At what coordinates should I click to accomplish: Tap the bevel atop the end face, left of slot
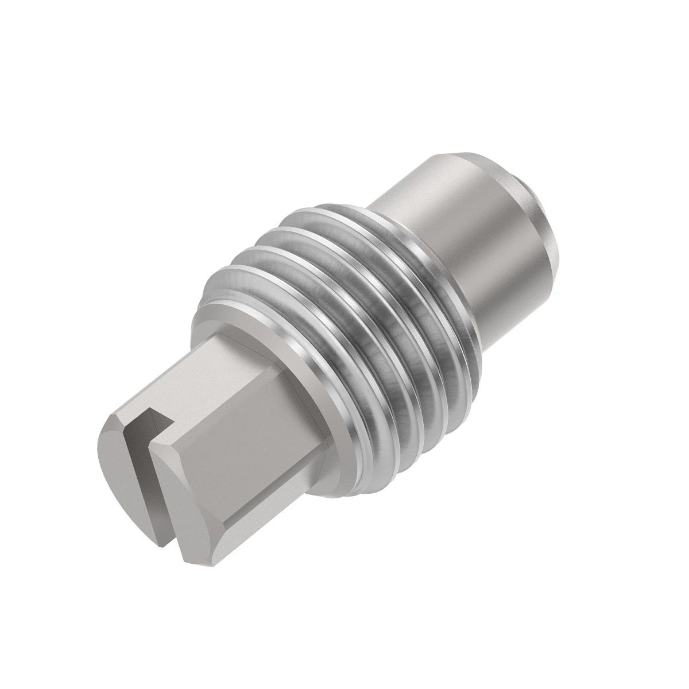click(x=115, y=419)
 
